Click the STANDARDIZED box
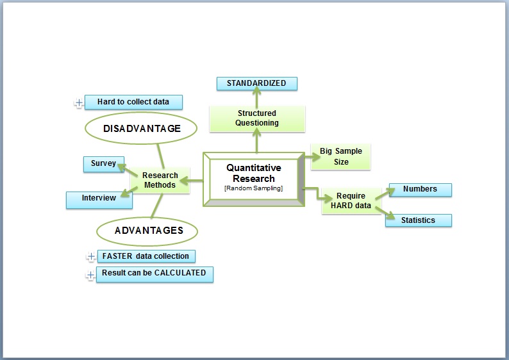257,83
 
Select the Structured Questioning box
257,119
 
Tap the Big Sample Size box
340,157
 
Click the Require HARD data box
351,200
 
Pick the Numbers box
421,190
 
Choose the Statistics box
419,220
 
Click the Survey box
104,164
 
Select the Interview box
99,200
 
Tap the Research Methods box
160,181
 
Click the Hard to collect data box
133,102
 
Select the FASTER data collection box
146,256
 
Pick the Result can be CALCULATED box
155,274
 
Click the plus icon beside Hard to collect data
79,102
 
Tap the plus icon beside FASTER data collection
91,256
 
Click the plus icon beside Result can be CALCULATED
90,275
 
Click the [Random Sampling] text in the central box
253,188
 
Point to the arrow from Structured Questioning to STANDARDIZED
257,97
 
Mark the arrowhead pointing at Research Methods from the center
185,181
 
